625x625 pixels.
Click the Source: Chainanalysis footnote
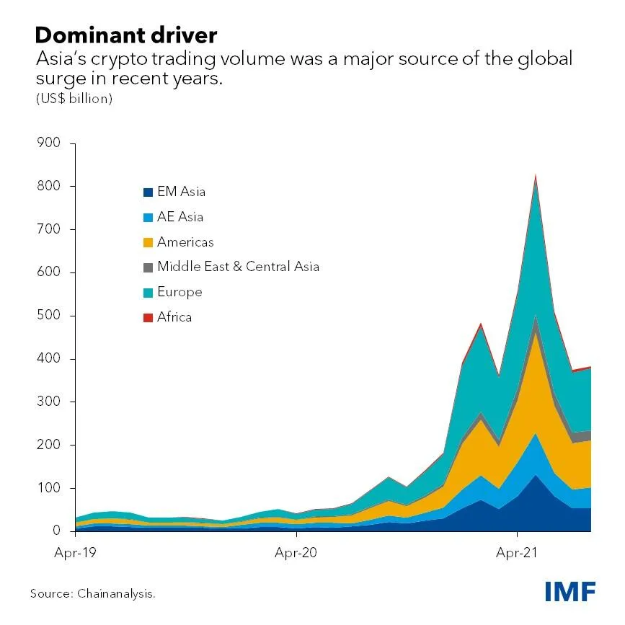(92, 594)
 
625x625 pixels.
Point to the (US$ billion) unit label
(74, 99)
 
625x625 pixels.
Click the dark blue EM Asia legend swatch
(148, 192)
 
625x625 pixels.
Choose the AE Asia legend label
(180, 217)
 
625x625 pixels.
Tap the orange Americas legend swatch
(148, 243)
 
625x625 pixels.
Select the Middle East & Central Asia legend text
(238, 267)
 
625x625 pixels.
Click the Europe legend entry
(179, 292)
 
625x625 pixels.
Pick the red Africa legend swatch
(148, 318)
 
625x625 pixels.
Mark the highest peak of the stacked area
(535, 174)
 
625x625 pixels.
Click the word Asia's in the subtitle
(59, 59)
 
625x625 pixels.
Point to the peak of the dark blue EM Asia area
(535, 475)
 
